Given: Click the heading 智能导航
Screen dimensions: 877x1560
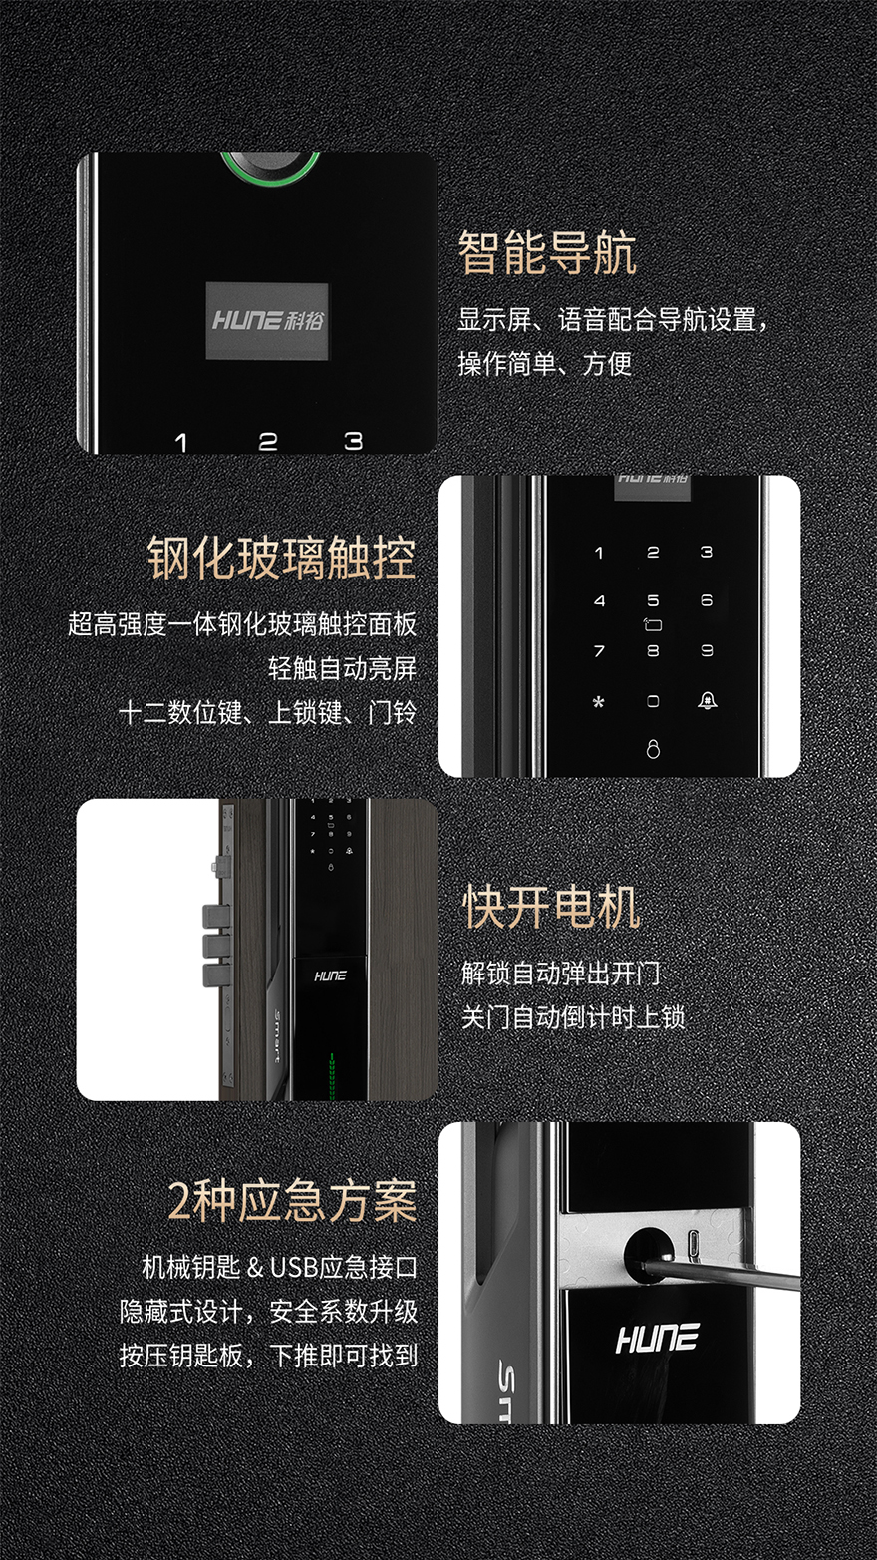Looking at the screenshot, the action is tap(547, 253).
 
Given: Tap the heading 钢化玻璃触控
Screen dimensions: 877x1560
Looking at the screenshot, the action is tap(282, 558).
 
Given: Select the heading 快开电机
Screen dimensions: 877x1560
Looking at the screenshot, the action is tap(552, 908).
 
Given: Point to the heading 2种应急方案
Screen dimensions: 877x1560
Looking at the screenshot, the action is tap(293, 1200).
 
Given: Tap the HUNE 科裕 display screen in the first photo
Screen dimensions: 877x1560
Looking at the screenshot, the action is tap(267, 321).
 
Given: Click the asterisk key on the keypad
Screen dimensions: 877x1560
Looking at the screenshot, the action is tap(599, 702).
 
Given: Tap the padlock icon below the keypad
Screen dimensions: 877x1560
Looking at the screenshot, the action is tap(653, 749).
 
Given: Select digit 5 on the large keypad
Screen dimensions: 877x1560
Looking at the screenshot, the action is tap(653, 600).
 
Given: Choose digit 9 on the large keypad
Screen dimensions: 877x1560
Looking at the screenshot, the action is tap(708, 651).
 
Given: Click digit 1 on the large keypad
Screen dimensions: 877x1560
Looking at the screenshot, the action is tap(599, 553).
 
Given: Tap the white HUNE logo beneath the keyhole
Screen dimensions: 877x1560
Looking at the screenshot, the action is tap(657, 1339).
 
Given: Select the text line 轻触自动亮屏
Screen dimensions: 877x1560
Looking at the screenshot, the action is tap(343, 668).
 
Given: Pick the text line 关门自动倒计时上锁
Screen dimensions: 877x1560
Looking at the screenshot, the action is tap(573, 1017).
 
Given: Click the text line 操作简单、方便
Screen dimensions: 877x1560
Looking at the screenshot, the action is tap(545, 363).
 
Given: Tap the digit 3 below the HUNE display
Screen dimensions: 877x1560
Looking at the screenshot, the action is tap(354, 441).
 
